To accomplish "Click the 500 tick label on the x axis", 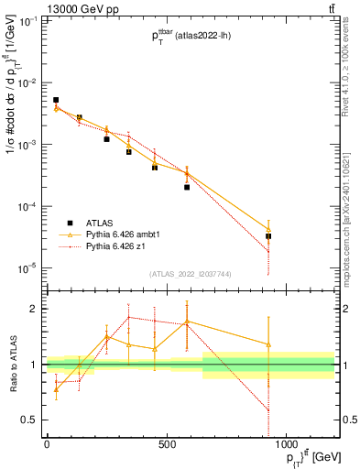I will tap(166, 446).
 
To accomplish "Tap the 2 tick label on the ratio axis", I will tap(35, 309).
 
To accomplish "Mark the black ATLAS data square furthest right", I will tap(294, 236).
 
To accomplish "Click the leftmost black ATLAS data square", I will tap(56, 100).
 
